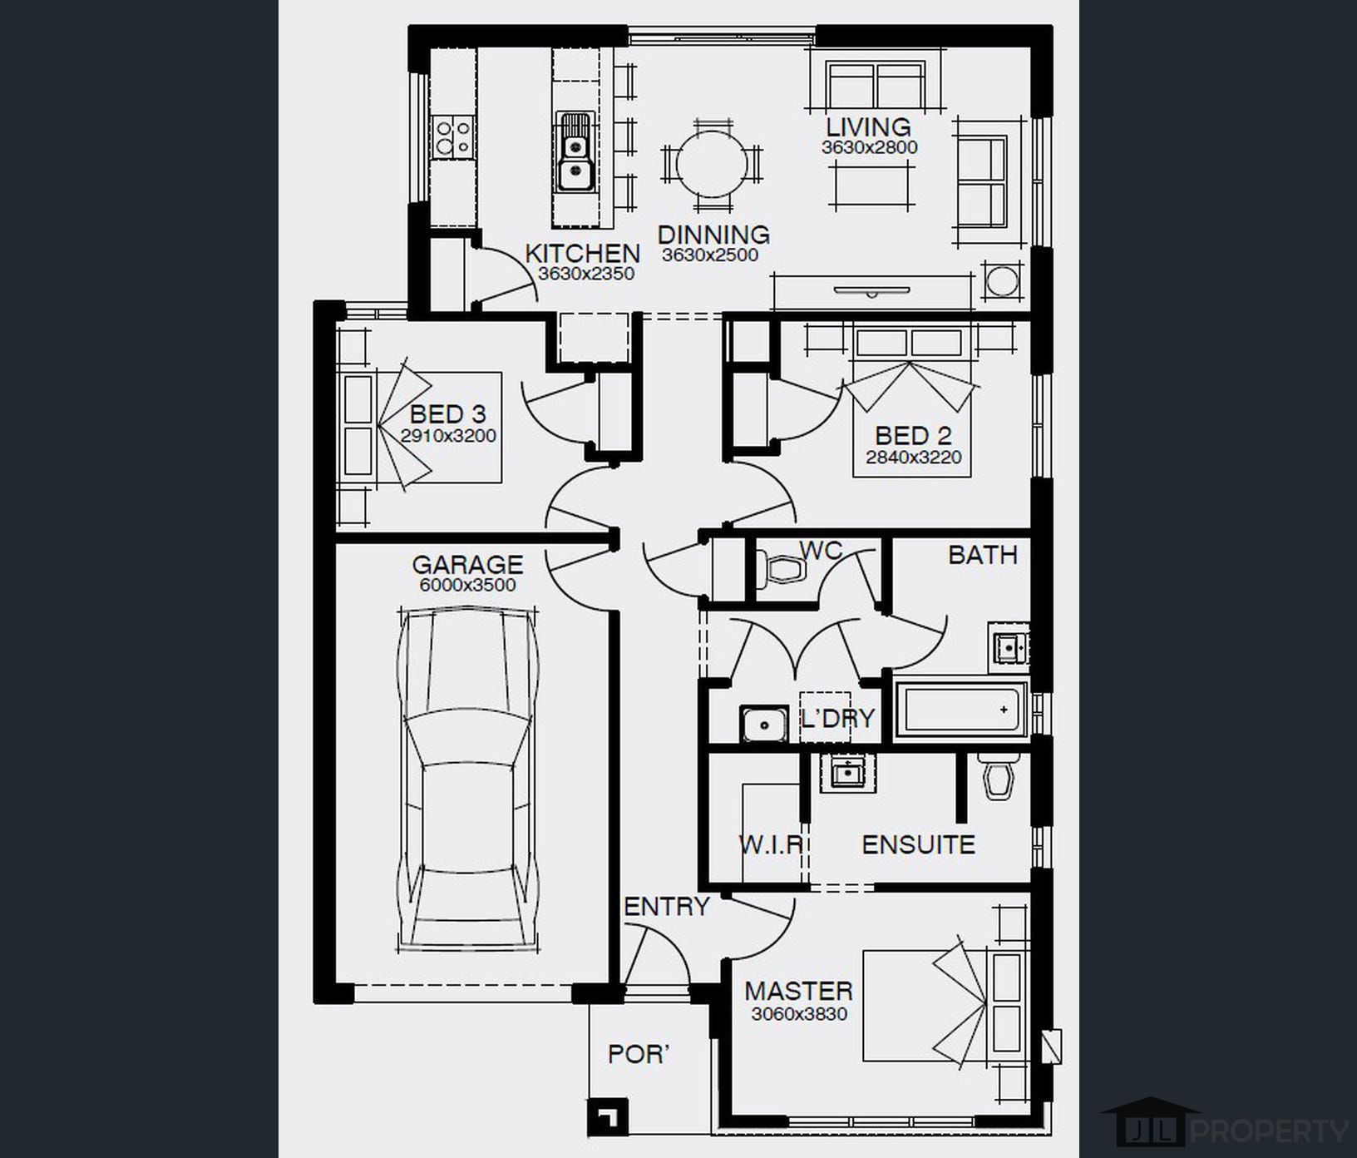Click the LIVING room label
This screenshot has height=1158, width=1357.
pyautogui.click(x=868, y=127)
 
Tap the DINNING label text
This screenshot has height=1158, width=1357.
pyautogui.click(x=713, y=235)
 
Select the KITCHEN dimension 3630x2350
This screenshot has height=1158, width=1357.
pyautogui.click(x=586, y=274)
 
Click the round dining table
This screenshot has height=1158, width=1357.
pyautogui.click(x=712, y=163)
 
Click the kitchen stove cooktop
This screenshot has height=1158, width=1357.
pyautogui.click(x=453, y=138)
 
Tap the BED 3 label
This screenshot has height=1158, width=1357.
pyautogui.click(x=447, y=413)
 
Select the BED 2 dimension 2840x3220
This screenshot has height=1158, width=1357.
pyautogui.click(x=913, y=457)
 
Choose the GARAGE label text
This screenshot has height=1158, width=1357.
pyautogui.click(x=467, y=564)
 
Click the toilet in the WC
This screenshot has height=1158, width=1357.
pyautogui.click(x=784, y=569)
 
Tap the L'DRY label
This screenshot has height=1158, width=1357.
pyautogui.click(x=837, y=718)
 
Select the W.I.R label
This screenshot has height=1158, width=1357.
pyautogui.click(x=771, y=844)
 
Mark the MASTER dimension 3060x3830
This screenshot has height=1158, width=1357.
pyautogui.click(x=799, y=1014)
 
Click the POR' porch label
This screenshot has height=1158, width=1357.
pyautogui.click(x=639, y=1054)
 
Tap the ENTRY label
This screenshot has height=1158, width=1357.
pyautogui.click(x=667, y=906)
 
